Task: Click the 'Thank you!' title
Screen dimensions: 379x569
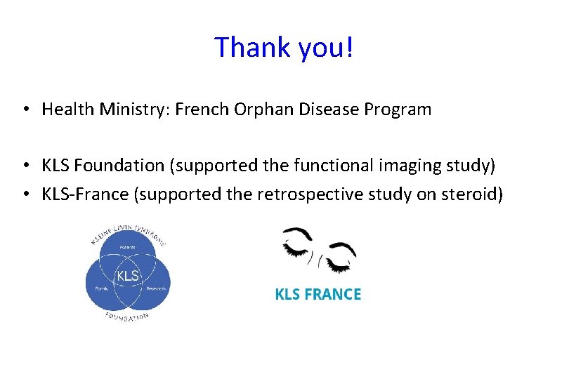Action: (284, 47)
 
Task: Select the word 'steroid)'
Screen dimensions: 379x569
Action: (471, 194)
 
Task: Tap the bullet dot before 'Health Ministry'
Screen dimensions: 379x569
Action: (25, 109)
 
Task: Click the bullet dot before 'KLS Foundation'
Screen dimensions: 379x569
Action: (25, 166)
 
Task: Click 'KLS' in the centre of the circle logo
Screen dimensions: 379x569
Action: (127, 276)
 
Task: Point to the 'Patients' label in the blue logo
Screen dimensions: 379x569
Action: (127, 248)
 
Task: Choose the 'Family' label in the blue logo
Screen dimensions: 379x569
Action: (100, 288)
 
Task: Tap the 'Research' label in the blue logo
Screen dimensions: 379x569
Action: (155, 288)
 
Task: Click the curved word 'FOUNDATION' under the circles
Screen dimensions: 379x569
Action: (127, 316)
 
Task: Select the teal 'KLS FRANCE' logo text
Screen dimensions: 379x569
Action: (318, 295)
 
